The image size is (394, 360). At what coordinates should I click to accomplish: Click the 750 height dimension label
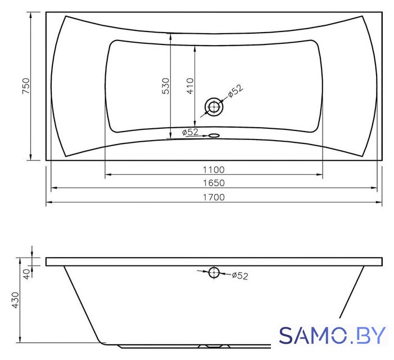[26, 85]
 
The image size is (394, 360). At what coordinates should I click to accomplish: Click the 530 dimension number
[165, 86]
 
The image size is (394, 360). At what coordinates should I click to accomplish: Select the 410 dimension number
[190, 86]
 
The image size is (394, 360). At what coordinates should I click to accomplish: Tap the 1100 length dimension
[214, 170]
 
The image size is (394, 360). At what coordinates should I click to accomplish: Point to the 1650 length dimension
[214, 183]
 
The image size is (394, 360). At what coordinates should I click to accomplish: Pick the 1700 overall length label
[214, 197]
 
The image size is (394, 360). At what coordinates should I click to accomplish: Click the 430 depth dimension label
[15, 300]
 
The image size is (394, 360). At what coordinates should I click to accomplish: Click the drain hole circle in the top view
[214, 107]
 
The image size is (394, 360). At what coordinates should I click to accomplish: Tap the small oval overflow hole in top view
[214, 136]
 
